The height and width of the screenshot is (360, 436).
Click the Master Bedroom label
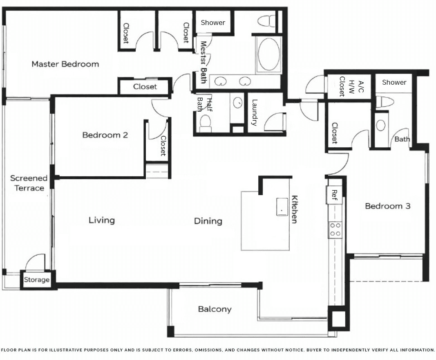(65, 64)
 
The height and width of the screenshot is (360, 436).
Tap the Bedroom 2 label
(105, 135)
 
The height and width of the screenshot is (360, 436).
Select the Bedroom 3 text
(387, 206)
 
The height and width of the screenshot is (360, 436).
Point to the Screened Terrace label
(29, 183)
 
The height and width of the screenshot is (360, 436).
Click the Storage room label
(36, 280)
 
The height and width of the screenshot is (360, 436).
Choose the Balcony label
(215, 309)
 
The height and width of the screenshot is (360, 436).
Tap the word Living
(102, 220)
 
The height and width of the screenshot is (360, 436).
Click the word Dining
(208, 221)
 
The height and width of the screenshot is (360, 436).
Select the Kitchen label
(294, 209)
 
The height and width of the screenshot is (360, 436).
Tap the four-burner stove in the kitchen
(335, 229)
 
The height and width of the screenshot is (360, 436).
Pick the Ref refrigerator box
(334, 195)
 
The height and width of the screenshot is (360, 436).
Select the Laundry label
(254, 112)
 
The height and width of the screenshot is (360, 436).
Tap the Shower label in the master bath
(213, 23)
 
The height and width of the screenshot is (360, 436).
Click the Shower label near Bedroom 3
(394, 82)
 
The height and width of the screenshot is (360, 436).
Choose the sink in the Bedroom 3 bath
(381, 125)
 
